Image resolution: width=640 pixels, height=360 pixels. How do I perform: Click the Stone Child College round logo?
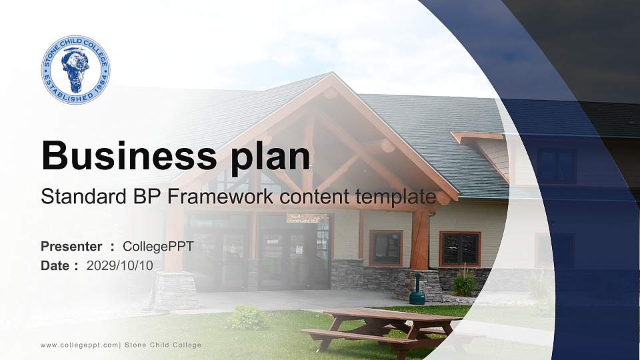coord(75,70)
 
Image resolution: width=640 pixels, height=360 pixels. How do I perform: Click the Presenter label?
coord(71,247)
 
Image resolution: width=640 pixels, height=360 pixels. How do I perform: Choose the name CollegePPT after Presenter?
coord(159,247)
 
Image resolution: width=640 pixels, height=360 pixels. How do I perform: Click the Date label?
coord(55,265)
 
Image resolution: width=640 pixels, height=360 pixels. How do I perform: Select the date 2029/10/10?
coord(120,265)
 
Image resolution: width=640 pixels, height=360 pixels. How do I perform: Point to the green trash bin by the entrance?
coord(417,289)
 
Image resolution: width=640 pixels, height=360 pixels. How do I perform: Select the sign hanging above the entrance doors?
coord(307,218)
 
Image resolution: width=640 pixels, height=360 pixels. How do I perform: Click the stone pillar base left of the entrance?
coord(176,291)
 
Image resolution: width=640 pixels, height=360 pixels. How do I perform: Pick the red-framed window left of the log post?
coord(386,248)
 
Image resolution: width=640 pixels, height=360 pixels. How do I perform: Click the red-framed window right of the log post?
coord(459,249)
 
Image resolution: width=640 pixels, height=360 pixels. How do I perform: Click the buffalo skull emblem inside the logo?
coord(75,69)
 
